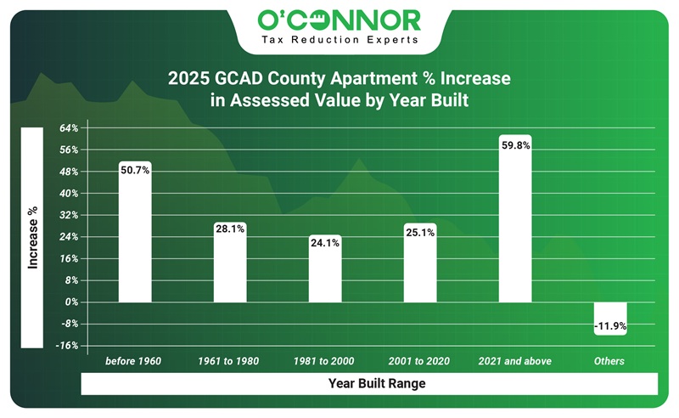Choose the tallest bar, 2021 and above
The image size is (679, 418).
[515, 225]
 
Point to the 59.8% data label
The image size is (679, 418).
[515, 145]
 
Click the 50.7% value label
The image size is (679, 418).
[135, 170]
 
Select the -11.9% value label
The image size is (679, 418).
[610, 325]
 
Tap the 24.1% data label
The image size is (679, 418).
[325, 242]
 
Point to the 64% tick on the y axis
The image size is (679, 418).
[69, 128]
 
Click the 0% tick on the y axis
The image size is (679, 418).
[70, 302]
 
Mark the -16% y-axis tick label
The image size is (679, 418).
[68, 346]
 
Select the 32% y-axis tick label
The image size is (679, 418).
[69, 215]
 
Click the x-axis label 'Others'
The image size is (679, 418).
[609, 361]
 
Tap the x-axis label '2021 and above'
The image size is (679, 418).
[514, 361]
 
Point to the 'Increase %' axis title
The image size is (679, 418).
[32, 237]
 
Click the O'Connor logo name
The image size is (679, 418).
[339, 19]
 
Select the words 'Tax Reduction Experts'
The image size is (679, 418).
[339, 40]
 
